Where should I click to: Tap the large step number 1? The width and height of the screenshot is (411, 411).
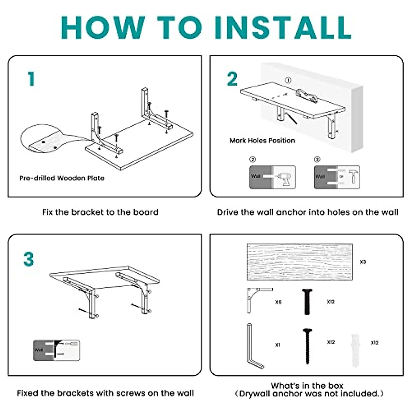pyautogui.click(x=32, y=79)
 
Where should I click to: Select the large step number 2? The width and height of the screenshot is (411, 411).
pyautogui.click(x=232, y=79)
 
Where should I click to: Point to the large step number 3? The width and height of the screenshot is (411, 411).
pyautogui.click(x=29, y=259)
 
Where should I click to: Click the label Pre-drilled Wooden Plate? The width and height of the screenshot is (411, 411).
pyautogui.click(x=62, y=178)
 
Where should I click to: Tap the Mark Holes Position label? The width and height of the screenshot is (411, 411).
pyautogui.click(x=262, y=140)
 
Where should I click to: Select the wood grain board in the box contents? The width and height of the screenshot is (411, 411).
pyautogui.click(x=299, y=262)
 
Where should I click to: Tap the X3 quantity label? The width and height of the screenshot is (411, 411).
pyautogui.click(x=363, y=262)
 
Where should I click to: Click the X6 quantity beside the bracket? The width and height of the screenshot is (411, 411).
pyautogui.click(x=278, y=302)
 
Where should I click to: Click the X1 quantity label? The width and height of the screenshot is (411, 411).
pyautogui.click(x=277, y=345)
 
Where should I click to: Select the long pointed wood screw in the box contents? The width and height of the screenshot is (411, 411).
pyautogui.click(x=307, y=346)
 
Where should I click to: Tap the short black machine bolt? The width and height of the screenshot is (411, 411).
pyautogui.click(x=307, y=301)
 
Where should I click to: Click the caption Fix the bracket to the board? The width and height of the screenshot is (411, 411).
pyautogui.click(x=100, y=212)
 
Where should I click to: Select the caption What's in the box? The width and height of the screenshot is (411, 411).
pyautogui.click(x=307, y=386)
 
